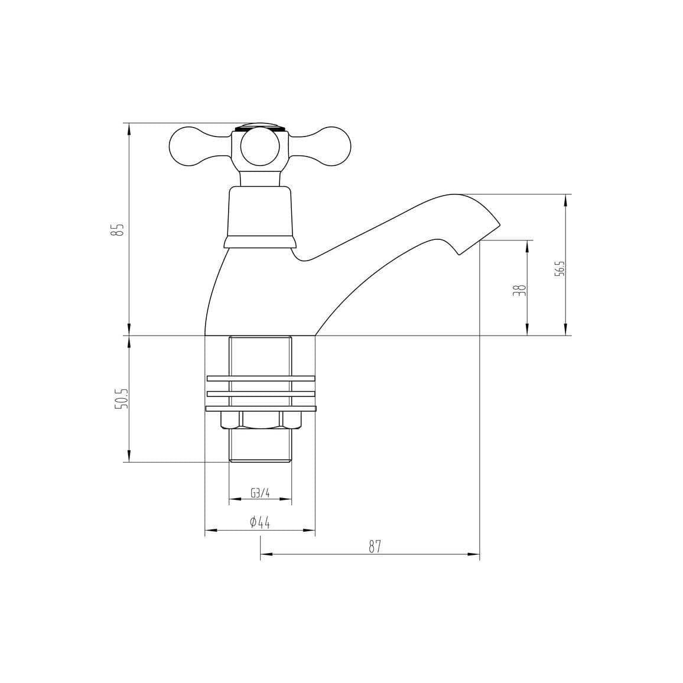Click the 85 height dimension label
(119, 229)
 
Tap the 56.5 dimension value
(560, 269)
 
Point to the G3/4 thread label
(260, 493)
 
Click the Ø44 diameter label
(260, 522)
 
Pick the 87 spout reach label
(375, 547)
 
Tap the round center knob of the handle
(260, 148)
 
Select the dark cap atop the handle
(260, 126)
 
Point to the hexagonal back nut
(260, 420)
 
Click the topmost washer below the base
(260, 378)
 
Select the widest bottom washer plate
(260, 408)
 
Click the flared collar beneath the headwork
(259, 242)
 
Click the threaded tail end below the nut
(260, 446)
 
